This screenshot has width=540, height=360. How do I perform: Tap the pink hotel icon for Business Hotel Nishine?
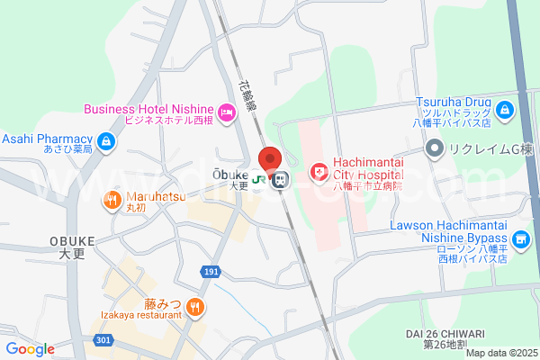pos(226,112)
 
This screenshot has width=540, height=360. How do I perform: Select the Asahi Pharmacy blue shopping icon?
pos(107,140)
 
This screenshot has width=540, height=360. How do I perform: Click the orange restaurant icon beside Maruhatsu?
pos(112,200)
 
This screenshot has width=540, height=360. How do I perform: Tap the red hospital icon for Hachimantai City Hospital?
pos(318,171)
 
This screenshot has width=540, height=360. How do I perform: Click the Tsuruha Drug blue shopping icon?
pos(505,111)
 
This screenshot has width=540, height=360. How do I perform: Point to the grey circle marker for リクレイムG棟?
pos(435,148)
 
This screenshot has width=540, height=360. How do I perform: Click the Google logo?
pos(30,349)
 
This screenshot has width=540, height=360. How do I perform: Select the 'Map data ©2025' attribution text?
pos(500,353)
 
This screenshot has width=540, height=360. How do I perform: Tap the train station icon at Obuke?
pos(280,180)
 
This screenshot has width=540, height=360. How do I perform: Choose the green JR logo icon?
pos(259,180)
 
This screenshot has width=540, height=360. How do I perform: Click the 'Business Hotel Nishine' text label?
pos(148,109)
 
